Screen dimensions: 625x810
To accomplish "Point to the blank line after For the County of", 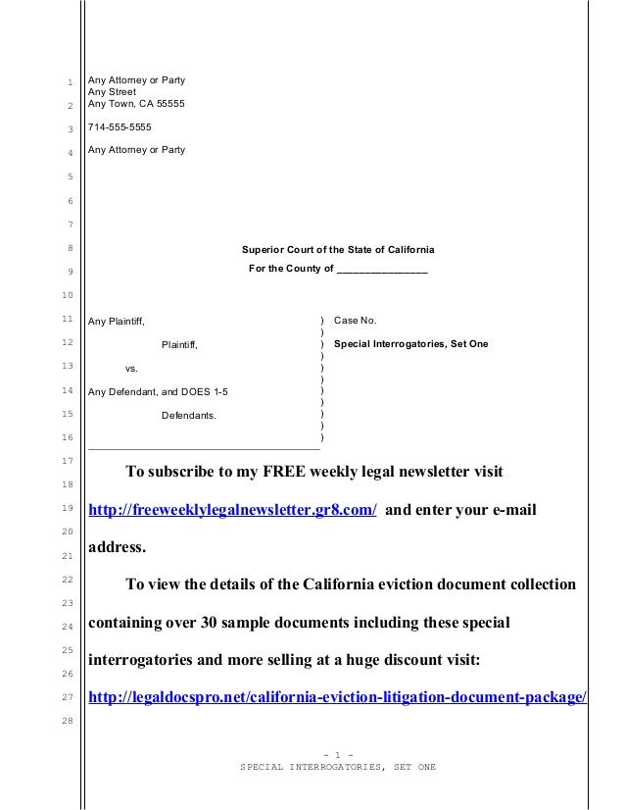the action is pyautogui.click(x=382, y=269).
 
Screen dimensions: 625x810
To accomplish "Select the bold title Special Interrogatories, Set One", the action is pyautogui.click(x=410, y=344).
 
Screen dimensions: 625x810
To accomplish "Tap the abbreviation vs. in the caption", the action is pyautogui.click(x=131, y=369).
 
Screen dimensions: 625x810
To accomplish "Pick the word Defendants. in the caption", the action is pyautogui.click(x=189, y=416).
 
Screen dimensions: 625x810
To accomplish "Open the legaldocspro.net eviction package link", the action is pyautogui.click(x=338, y=697).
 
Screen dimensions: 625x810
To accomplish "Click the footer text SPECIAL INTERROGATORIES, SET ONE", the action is pyautogui.click(x=338, y=766).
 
